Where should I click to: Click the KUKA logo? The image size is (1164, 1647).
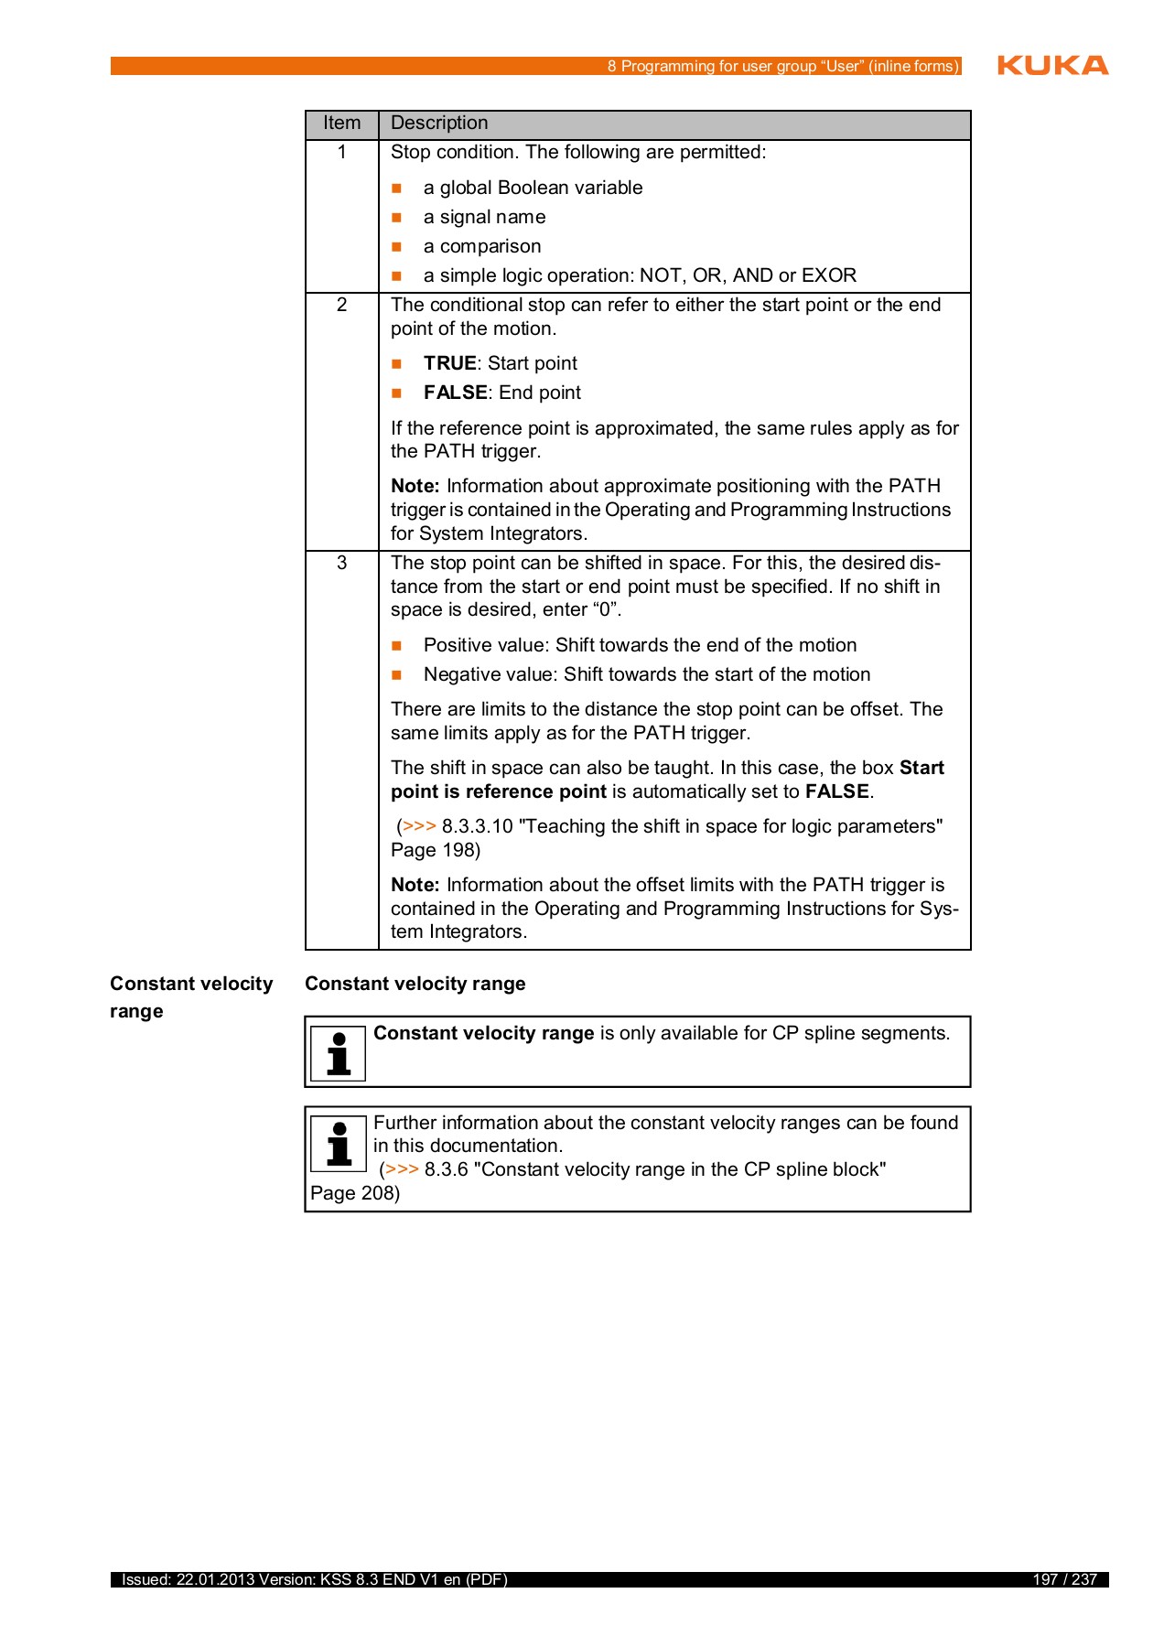(1052, 65)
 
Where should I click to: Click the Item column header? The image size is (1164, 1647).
(341, 124)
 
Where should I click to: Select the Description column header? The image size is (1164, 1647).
(439, 124)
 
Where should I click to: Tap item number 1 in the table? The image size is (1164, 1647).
(341, 153)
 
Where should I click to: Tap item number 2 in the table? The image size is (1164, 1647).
(341, 305)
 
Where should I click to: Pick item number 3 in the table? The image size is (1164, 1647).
(341, 563)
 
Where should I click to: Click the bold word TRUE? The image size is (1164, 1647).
(449, 363)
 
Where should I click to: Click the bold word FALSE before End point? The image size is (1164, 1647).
(455, 393)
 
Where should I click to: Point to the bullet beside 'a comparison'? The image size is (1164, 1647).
(397, 247)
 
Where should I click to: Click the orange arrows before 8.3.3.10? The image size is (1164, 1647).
(419, 826)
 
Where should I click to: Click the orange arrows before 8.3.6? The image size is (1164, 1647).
(402, 1169)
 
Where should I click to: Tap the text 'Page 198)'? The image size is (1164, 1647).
(436, 850)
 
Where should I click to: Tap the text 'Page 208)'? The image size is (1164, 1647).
(355, 1193)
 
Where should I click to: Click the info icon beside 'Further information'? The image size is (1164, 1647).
(339, 1144)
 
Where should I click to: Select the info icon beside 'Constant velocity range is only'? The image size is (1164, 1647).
(339, 1053)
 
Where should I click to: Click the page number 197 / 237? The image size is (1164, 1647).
(1064, 1579)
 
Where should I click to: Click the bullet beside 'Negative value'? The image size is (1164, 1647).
(397, 675)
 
